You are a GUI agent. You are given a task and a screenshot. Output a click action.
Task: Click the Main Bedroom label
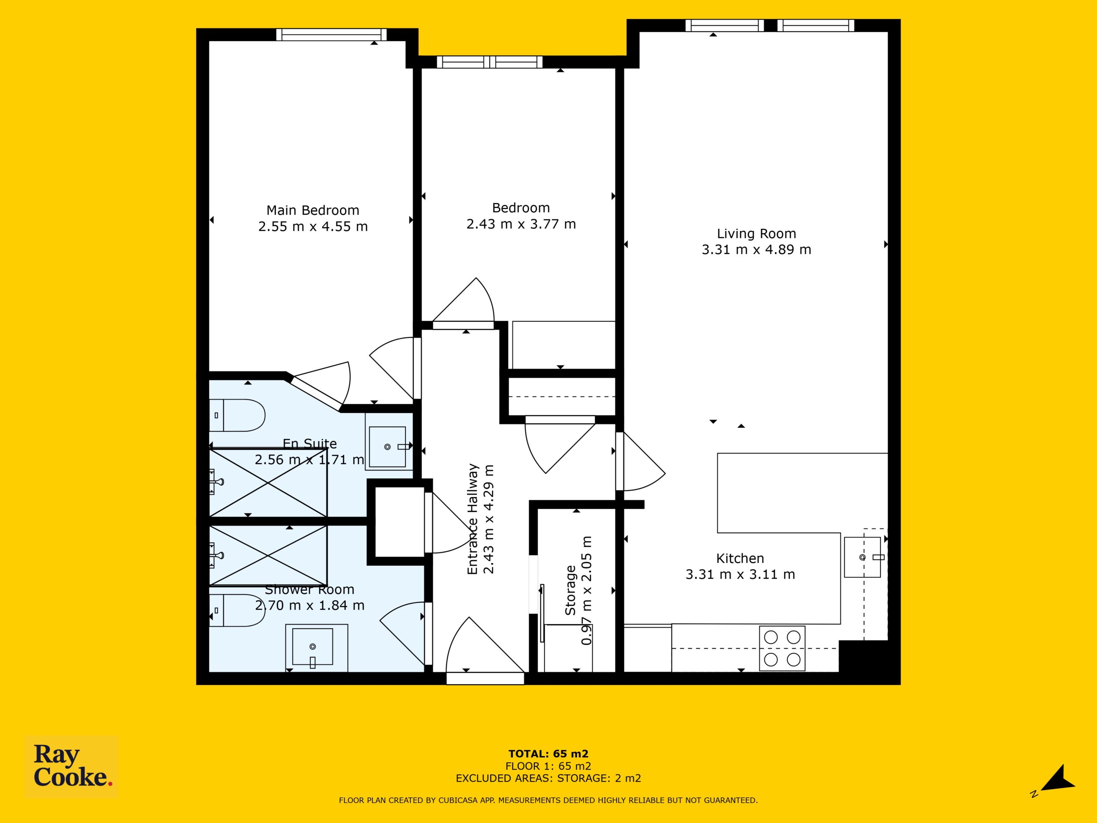(x=312, y=210)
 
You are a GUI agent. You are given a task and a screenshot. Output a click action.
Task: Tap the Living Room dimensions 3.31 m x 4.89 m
(x=756, y=249)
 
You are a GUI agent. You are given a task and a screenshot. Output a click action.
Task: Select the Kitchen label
(x=740, y=558)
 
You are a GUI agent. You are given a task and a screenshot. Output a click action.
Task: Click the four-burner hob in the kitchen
(x=782, y=649)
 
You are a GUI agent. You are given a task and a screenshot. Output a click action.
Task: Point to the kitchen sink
(x=863, y=557)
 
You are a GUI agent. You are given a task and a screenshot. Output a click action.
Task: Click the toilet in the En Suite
(x=237, y=415)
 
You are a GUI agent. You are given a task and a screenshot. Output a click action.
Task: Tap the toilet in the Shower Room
(x=237, y=610)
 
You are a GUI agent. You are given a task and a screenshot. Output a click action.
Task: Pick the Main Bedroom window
(x=331, y=34)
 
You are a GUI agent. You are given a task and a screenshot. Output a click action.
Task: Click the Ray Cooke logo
(x=72, y=766)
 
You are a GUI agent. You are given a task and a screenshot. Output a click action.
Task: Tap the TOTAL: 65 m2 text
(x=548, y=754)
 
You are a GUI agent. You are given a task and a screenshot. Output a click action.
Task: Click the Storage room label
(x=570, y=590)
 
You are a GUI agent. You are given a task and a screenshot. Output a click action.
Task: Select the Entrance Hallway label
(x=472, y=519)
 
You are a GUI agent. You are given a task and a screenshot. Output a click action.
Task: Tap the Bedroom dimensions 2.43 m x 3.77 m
(x=521, y=224)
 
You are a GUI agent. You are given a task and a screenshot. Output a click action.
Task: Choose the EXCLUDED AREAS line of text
(x=548, y=778)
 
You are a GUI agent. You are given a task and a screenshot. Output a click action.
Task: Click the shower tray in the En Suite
(x=268, y=483)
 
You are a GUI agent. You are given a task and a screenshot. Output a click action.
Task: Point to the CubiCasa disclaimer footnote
(x=548, y=800)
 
